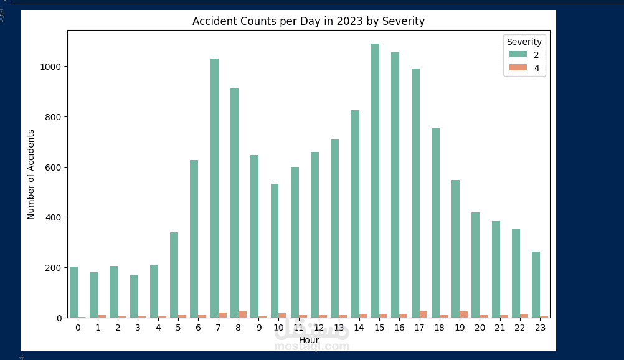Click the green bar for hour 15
pos(375,181)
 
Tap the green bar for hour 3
pos(134,296)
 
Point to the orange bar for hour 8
pos(242,315)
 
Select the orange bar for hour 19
pos(463,315)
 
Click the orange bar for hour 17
pos(423,315)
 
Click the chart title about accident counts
pos(308,21)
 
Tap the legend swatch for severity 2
pos(518,55)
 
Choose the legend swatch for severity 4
pos(518,68)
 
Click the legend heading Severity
pos(524,42)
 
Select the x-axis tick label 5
pos(178,328)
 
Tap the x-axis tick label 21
pos(500,328)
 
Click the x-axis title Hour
pos(309,340)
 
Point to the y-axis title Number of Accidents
pos(31,174)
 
